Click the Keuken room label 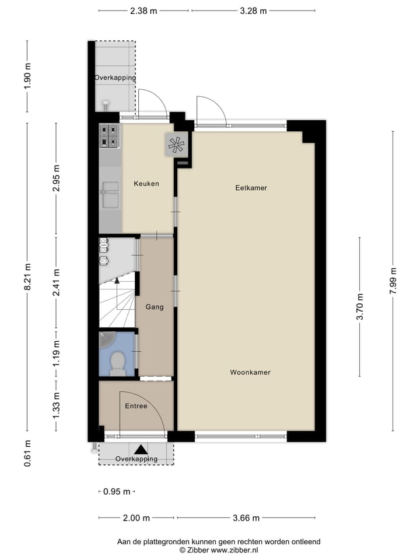pyautogui.click(x=146, y=184)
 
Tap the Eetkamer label pyautogui.click(x=251, y=188)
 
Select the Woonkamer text pyautogui.click(x=250, y=372)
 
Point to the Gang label pyautogui.click(x=155, y=307)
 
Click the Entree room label pyautogui.click(x=136, y=406)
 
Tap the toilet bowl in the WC pyautogui.click(x=117, y=362)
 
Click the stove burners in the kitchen pyautogui.click(x=109, y=136)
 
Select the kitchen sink pyautogui.click(x=109, y=195)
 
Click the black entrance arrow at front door pyautogui.click(x=140, y=450)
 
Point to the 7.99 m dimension pyautogui.click(x=394, y=281)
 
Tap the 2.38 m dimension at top pyautogui.click(x=143, y=10)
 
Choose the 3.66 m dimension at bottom pyautogui.click(x=246, y=518)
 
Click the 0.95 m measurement pyautogui.click(x=117, y=492)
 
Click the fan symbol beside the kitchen pyautogui.click(x=176, y=145)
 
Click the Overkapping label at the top pyautogui.click(x=115, y=78)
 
